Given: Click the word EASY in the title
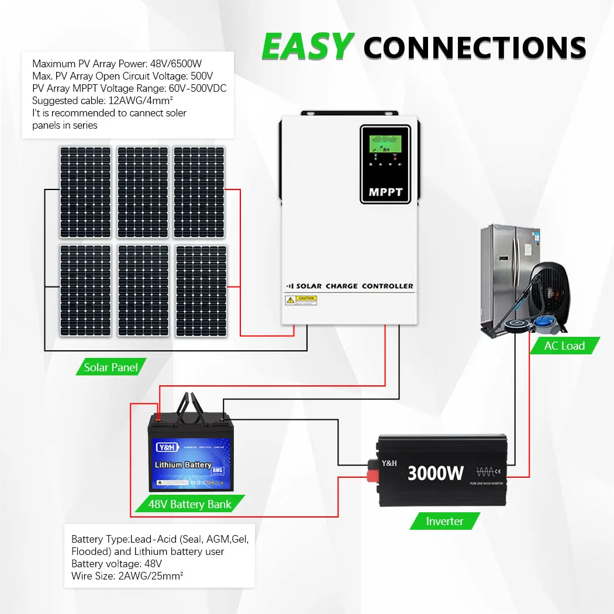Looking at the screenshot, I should [x=308, y=47].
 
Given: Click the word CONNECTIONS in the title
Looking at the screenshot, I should [x=475, y=47].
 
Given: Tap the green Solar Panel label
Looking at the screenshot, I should [x=111, y=367].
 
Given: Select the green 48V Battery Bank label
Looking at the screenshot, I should [x=189, y=504].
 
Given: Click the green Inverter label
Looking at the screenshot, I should [x=444, y=521].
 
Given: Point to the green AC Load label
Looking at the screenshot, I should [x=564, y=346].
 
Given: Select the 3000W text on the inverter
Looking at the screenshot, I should [x=436, y=472].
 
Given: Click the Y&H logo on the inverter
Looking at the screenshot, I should [x=389, y=463].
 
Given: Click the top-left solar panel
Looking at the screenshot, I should [x=85, y=192].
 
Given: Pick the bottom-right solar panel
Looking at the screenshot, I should [x=201, y=291].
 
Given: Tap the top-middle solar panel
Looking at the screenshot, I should [x=143, y=192].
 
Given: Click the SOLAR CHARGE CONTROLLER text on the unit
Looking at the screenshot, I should [x=354, y=286].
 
